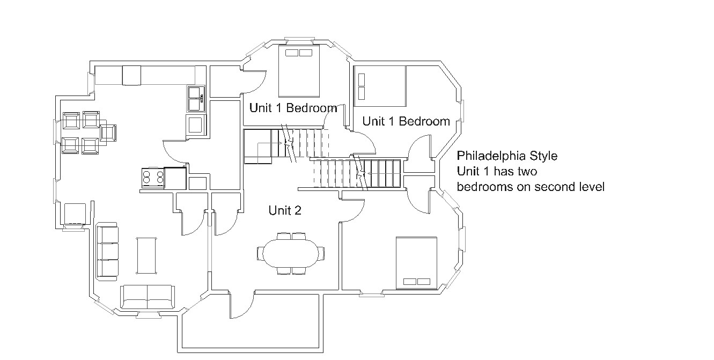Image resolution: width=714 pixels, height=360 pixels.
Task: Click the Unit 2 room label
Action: (285, 210)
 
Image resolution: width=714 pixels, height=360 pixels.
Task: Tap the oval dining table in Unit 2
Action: (291, 253)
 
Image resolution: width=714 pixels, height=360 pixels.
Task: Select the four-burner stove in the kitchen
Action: (153, 178)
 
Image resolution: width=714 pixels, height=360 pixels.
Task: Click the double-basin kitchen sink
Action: (196, 99)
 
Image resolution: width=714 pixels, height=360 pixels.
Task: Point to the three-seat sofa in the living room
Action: (107, 252)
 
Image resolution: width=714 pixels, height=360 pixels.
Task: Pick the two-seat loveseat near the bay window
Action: (148, 297)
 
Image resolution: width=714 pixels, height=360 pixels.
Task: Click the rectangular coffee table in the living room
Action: (146, 255)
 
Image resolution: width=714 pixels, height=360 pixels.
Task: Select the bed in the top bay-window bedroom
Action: (299, 71)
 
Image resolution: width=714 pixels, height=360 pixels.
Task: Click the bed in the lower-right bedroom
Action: (416, 263)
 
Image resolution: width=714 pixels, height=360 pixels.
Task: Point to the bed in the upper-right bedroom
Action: (380, 86)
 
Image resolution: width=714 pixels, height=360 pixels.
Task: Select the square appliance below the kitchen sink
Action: (195, 124)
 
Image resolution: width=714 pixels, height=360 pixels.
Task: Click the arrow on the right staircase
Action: (384, 174)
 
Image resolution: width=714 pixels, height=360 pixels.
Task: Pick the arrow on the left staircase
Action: (269, 143)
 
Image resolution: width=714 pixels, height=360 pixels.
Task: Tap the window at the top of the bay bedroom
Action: (300, 39)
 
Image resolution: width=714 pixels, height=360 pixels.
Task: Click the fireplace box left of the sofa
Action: (75, 214)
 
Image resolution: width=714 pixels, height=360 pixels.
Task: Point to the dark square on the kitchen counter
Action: (131, 76)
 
